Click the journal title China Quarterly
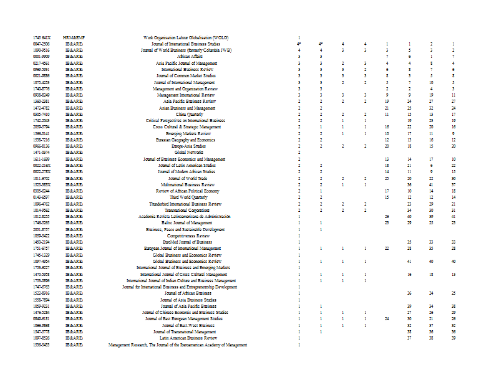(x=190, y=115)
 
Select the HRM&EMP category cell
(x=74, y=38)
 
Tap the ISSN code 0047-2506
(x=41, y=44)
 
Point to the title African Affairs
(x=190, y=57)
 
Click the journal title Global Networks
(x=190, y=153)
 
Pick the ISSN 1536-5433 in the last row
(x=41, y=345)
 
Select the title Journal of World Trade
(x=190, y=178)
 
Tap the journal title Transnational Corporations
(x=190, y=210)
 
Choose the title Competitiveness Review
(x=190, y=236)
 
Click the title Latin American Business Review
(x=190, y=338)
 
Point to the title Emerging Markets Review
(x=190, y=133)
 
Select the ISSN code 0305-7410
(x=41, y=115)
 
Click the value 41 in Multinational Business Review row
(x=431, y=184)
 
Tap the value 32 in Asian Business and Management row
(x=431, y=108)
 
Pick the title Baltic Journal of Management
(x=190, y=223)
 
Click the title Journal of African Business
(x=190, y=293)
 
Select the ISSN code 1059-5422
(x=41, y=236)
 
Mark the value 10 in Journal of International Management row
(x=431, y=82)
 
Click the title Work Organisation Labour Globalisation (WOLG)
(x=186, y=38)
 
